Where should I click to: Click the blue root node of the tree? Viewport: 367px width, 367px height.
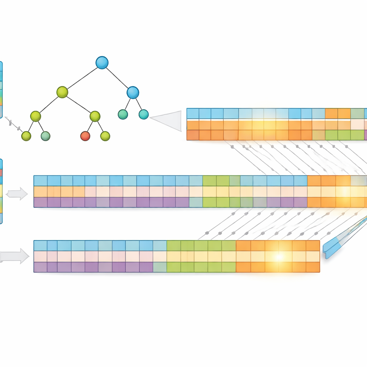102,63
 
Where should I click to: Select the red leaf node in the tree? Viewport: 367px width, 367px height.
85,136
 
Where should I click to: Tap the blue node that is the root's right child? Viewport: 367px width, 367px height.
133,92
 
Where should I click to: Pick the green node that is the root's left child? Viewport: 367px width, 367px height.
62,92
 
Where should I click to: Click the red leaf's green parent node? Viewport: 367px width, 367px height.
95,116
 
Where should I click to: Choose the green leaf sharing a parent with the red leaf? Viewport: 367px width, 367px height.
105,136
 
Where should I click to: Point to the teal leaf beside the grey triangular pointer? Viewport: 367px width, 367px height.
143,114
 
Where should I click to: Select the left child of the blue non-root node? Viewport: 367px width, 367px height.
123,114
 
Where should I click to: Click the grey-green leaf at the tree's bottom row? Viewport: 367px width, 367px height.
46,136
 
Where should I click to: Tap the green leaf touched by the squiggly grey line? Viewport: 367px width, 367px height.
26,136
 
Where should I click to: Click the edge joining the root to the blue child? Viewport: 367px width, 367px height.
117,77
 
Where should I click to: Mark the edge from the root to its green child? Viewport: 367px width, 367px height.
82,77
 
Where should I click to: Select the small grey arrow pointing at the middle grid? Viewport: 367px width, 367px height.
17,194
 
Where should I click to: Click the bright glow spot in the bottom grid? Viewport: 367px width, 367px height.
279,257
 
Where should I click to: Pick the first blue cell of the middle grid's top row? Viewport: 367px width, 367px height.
40,181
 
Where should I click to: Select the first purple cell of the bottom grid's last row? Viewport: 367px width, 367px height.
40,267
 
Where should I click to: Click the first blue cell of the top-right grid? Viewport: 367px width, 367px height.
193,114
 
